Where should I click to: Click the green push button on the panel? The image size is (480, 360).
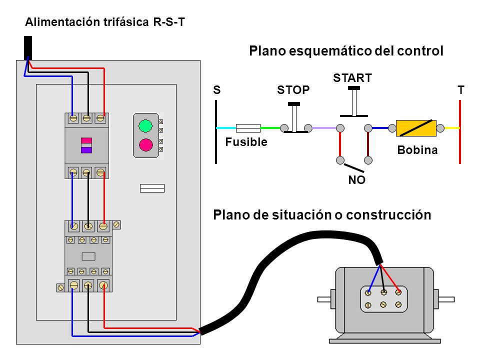coord(145,126)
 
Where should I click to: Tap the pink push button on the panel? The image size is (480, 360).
coord(145,145)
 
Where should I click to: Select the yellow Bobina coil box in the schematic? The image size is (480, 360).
coord(416,128)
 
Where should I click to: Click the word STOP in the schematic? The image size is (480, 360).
coord(293,90)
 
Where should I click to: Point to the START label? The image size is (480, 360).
coord(352,78)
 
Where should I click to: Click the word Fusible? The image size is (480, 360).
coord(246,142)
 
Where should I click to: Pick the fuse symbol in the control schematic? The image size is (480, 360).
coord(248,128)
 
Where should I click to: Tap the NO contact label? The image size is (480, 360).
coord(356,180)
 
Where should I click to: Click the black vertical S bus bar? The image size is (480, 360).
coord(216,132)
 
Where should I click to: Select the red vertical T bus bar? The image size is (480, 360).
coord(460,132)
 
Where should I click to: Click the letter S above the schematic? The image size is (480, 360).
coord(216,90)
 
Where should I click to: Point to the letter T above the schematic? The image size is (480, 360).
coord(460,90)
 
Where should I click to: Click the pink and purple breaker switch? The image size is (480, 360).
coord(86,145)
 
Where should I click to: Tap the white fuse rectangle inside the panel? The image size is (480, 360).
coord(152,188)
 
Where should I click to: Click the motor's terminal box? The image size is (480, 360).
coord(384,299)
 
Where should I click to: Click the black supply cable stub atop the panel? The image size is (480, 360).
coord(28,48)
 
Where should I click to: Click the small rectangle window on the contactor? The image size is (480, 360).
coord(88,256)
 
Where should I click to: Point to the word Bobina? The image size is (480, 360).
coord(417,150)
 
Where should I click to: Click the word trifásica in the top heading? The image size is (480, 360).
coord(126,22)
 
